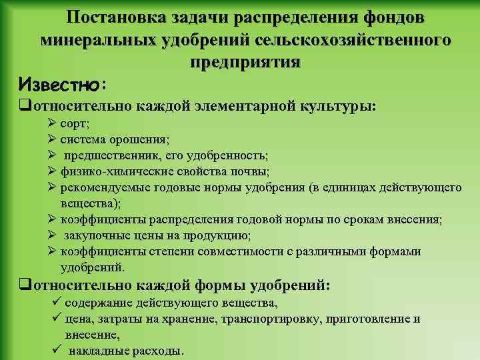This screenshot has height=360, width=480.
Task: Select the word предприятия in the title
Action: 245,63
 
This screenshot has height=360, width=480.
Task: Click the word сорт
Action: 74,124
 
